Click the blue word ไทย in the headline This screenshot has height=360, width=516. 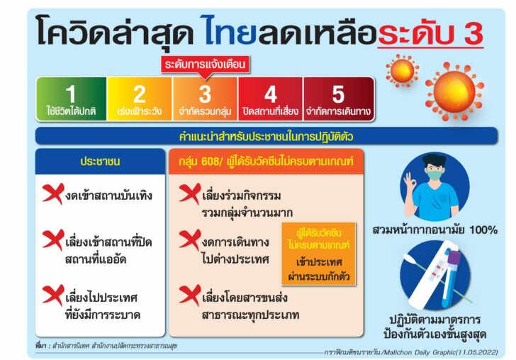click(230, 30)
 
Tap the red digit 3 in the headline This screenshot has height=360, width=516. click(473, 33)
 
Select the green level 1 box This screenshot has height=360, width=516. click(71, 99)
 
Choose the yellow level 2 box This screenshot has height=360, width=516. click(139, 99)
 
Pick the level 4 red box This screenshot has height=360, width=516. click(270, 99)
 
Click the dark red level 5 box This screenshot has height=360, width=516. click(339, 99)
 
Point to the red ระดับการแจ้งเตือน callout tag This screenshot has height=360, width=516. click(205, 64)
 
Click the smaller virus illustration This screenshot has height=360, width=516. click(402, 71)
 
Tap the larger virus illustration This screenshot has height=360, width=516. click(454, 92)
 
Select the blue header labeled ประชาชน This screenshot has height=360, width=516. click(100, 162)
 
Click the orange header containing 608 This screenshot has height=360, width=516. click(266, 162)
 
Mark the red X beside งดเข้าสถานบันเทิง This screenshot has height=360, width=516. click(53, 193)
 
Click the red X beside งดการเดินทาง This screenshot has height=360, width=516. click(190, 240)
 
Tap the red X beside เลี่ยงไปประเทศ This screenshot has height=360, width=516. click(53, 296)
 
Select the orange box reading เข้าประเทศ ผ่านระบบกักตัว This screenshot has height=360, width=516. click(319, 254)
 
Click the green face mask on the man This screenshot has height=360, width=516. click(434, 174)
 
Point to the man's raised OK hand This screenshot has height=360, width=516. click(410, 181)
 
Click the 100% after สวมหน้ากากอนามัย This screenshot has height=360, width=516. click(483, 230)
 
